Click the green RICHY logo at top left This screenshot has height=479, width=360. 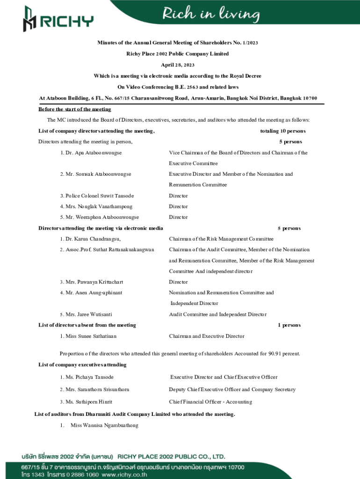(58, 19)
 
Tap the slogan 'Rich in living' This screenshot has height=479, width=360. (211, 15)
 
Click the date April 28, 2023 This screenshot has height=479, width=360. (178, 65)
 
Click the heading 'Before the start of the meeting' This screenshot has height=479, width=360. (75, 109)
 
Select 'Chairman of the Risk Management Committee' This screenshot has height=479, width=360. (221, 239)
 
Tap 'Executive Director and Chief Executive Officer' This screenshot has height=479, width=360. (223, 377)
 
